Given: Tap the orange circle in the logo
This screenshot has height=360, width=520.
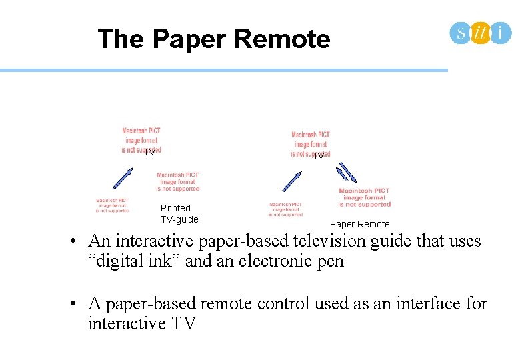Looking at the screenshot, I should pos(480,32).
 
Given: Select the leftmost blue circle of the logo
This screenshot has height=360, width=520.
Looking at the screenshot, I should pos(461,32).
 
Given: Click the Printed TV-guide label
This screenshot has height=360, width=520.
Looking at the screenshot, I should pos(179,214).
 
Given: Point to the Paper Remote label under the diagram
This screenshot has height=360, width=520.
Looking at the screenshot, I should pos(359,224).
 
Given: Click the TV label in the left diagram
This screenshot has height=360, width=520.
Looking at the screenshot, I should pos(149,152).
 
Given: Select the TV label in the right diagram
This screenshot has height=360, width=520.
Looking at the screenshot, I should pos(318,155).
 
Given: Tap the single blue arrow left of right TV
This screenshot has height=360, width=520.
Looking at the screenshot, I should pos(293,179).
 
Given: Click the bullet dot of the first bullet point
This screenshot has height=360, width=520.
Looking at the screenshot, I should pos(78,241).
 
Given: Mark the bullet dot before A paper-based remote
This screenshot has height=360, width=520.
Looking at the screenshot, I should pos(78,304).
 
